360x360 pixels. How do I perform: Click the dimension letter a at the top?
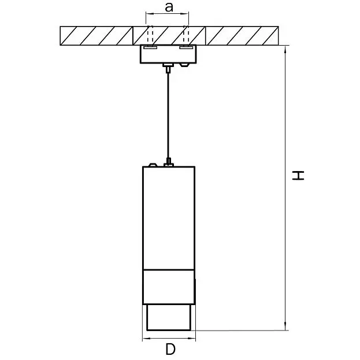[169, 8]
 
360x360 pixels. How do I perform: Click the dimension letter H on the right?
[298, 176]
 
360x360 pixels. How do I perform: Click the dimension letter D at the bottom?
[170, 350]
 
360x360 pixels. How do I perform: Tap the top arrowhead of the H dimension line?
[285, 50]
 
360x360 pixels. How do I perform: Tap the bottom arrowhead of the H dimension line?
[285, 326]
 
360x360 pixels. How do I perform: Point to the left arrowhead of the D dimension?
[146, 338]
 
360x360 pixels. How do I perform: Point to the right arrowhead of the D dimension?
[191, 338]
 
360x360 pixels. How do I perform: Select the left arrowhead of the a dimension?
[150, 14]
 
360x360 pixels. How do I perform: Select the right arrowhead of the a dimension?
[184, 14]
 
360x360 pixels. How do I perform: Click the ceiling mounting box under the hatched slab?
[169, 54]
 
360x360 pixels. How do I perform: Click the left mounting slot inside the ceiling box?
[150, 47]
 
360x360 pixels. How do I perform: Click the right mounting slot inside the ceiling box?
[186, 47]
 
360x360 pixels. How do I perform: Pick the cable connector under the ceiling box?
[168, 68]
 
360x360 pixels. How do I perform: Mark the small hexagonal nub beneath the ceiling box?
[184, 65]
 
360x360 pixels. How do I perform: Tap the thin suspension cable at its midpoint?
[169, 116]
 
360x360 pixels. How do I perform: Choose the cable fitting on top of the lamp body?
[169, 162]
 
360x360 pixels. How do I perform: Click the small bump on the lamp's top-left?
[153, 165]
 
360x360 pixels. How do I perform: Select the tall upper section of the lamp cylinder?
[169, 218]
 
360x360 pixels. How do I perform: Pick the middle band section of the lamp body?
[169, 287]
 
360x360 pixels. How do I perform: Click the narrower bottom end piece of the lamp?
[169, 317]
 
